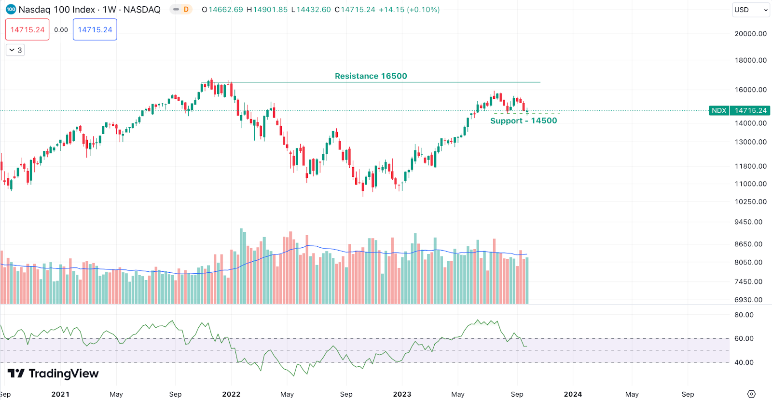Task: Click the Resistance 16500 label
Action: coord(371,76)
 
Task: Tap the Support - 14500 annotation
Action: coord(524,120)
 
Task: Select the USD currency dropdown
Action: coord(751,10)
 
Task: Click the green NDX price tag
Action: coord(718,110)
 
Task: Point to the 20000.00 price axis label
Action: coord(750,34)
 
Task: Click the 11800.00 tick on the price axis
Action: coord(750,166)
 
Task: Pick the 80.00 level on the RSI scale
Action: coord(744,315)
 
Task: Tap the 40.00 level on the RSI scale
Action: coord(744,362)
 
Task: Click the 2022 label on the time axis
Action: coord(231,394)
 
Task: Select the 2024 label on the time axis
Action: coord(573,394)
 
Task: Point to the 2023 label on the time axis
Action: coord(402,394)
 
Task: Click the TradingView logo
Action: coord(53,373)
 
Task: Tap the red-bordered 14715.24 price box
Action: coord(28,30)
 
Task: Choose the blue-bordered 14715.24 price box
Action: coord(95,30)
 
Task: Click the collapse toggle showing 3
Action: coord(15,50)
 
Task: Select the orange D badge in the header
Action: coord(186,10)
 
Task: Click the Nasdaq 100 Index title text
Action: coord(57,10)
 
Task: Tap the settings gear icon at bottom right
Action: coord(751,394)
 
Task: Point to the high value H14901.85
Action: coord(267,10)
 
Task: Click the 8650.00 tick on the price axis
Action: coord(748,244)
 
